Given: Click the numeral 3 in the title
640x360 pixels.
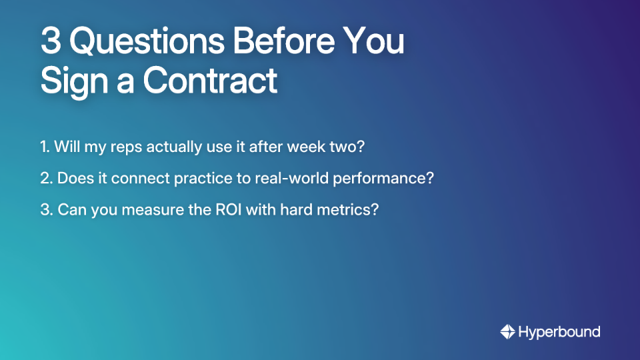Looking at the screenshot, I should click(51, 42).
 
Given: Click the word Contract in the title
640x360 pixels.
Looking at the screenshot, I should click(210, 80).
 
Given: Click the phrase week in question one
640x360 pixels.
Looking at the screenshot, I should click(303, 147).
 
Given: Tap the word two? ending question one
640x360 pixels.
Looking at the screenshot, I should click(347, 147).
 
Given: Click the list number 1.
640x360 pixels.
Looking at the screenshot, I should click(45, 147).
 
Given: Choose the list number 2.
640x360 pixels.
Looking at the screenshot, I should click(45, 179).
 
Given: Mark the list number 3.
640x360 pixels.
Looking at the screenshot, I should click(45, 210).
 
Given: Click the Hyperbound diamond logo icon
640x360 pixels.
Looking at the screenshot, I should click(507, 331).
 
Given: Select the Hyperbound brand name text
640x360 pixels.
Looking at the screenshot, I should click(559, 331).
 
